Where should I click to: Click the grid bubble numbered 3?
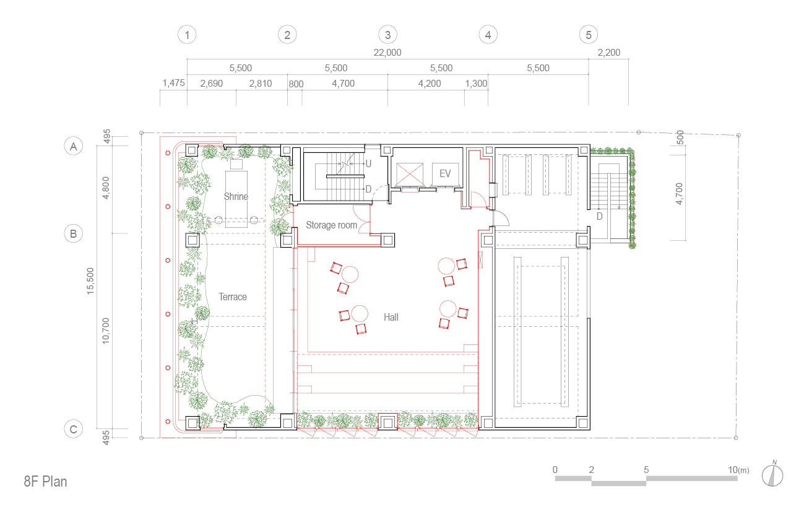pos(387,35)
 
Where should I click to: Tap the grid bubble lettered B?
pos(73,234)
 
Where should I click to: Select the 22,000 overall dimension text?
pos(387,53)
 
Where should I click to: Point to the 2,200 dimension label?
pos(609,53)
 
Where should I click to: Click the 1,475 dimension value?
pos(173,83)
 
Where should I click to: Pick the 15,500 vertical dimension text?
pos(90,281)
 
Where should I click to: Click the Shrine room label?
pos(236,196)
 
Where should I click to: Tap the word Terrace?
pos(233,297)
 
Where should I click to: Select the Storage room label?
pos(331,225)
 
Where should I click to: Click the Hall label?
pos(391,317)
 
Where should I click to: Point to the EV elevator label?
pos(445,174)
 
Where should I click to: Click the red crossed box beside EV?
pos(410,175)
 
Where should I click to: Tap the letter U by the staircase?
pos(368,163)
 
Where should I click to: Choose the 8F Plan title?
pos(46,482)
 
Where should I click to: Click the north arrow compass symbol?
pos(772,475)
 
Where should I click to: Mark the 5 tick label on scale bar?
pos(646,470)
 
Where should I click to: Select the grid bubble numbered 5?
pos(589,35)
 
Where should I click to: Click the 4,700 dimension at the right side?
pos(679,194)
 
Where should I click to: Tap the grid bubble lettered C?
pos(73,429)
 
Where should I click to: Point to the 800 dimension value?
pos(296,84)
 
